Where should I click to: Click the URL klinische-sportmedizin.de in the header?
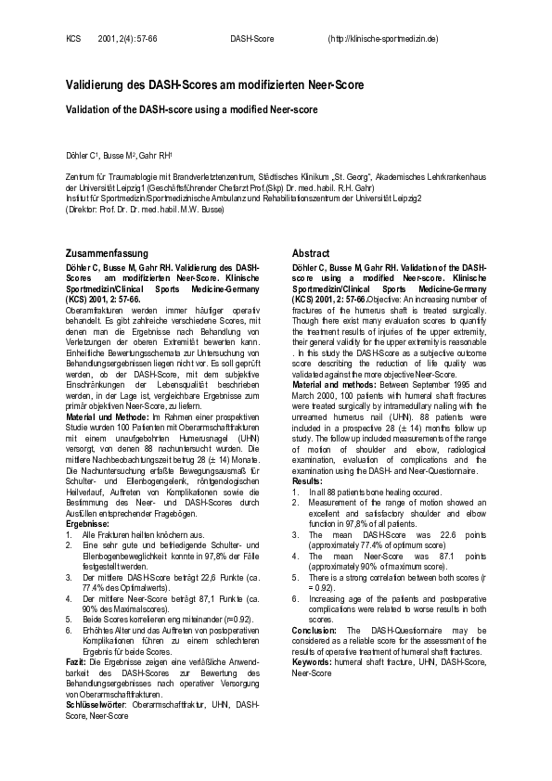click(384, 39)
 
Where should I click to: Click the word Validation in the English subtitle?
click(88, 109)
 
